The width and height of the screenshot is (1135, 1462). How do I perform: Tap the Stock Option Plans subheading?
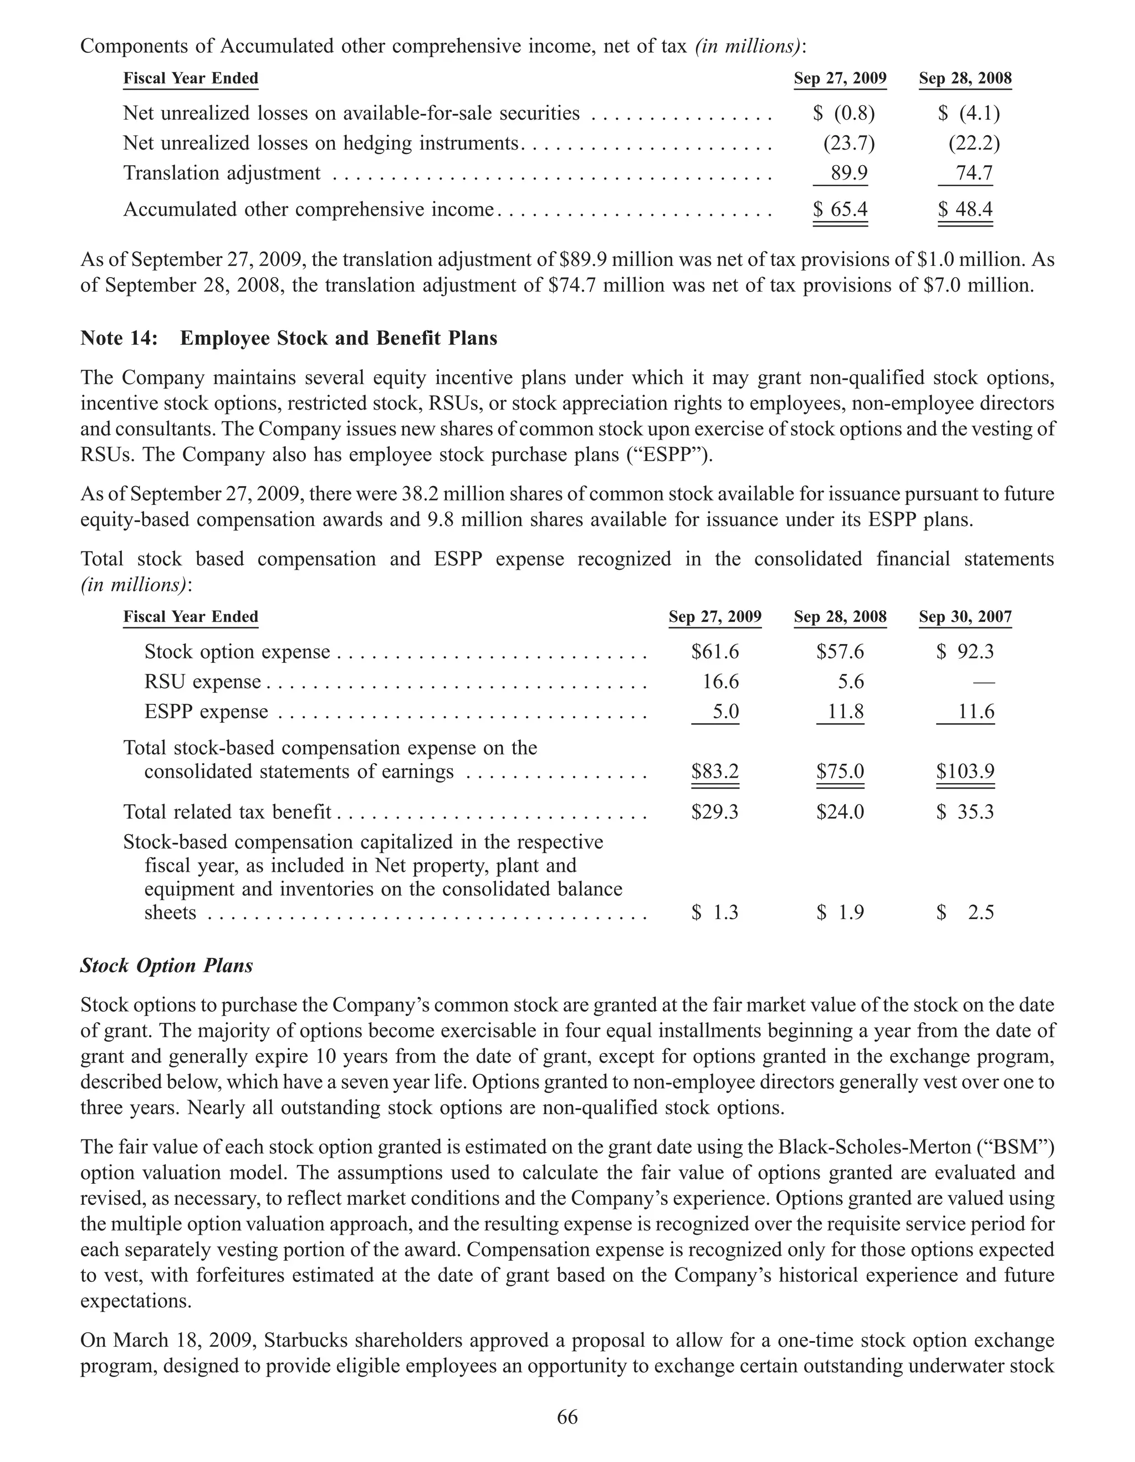click(x=167, y=965)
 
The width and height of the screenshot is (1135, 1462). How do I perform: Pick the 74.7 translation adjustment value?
click(x=974, y=173)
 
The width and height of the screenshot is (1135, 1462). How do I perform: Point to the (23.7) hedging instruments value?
click(x=848, y=143)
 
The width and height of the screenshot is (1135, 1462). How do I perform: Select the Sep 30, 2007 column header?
click(x=965, y=616)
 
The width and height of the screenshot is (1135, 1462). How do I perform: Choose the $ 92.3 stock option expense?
click(x=965, y=652)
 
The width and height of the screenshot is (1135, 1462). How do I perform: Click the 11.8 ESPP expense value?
click(x=845, y=712)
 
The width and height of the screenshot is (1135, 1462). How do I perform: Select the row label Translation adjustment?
click(x=222, y=173)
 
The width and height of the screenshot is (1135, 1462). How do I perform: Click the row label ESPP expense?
click(x=206, y=712)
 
